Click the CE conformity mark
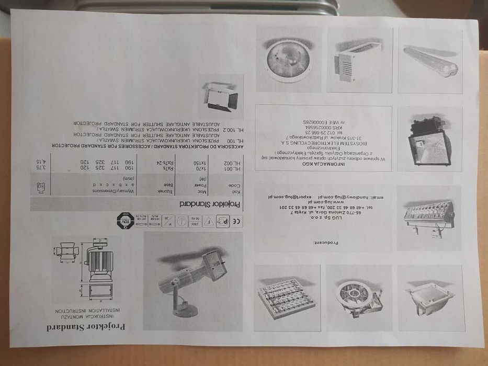click(237, 221)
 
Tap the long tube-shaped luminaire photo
click(430, 61)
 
